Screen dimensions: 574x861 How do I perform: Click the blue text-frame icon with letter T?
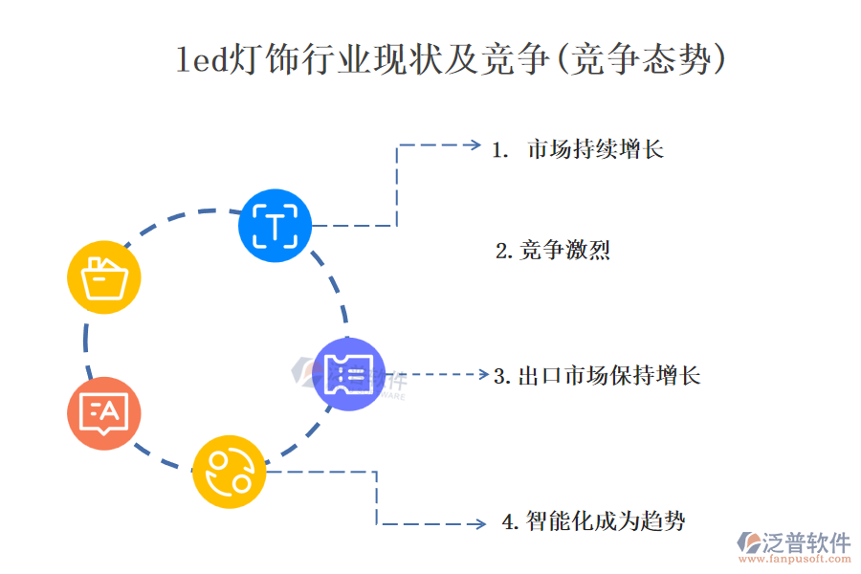[275, 226]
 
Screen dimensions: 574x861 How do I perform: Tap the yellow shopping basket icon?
[104, 277]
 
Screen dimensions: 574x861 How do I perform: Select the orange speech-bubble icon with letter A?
[104, 413]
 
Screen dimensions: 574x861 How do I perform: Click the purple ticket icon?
[349, 374]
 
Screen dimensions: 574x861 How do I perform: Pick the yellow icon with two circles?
[229, 472]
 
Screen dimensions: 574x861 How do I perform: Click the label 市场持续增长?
[595, 149]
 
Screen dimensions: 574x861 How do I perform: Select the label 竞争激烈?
[564, 251]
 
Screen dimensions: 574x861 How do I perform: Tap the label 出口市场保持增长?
[608, 375]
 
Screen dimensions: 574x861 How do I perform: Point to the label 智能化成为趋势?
[605, 521]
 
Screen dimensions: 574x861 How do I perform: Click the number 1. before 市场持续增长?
[499, 150]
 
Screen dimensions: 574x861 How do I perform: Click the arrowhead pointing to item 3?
[484, 375]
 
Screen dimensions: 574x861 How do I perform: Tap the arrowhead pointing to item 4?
[481, 523]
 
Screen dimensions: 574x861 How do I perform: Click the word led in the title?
[202, 60]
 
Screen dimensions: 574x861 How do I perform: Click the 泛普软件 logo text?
[806, 542]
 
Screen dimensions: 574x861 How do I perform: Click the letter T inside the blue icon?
[275, 227]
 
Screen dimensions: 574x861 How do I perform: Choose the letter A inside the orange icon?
[110, 411]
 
